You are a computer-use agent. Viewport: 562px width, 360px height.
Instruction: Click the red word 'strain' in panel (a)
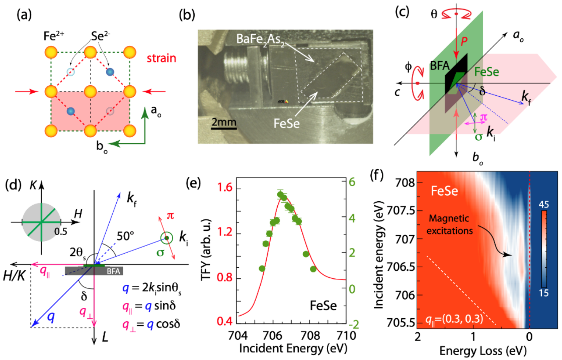click(161, 58)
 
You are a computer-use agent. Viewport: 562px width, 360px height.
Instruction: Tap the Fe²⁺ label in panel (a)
click(54, 36)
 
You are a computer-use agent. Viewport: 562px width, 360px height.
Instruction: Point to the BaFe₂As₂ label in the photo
click(260, 39)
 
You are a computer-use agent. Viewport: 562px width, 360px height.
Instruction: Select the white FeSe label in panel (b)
click(287, 123)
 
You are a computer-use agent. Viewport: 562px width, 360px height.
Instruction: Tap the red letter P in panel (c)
click(464, 41)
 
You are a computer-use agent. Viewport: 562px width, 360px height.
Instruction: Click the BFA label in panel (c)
click(439, 66)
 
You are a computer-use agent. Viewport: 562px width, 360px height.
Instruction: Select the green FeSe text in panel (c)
click(486, 72)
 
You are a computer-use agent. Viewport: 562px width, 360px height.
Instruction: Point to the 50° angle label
click(126, 236)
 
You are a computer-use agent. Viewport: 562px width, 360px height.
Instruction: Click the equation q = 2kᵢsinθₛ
click(152, 288)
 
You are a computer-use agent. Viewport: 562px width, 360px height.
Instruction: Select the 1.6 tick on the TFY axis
click(225, 188)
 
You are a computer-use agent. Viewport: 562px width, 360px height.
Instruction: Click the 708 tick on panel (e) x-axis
click(310, 335)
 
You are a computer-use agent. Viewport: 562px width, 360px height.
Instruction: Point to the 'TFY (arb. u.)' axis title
click(206, 250)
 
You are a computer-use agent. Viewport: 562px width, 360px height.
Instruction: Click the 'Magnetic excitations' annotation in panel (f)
click(449, 224)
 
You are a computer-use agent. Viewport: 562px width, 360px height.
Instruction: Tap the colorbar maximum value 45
click(544, 205)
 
